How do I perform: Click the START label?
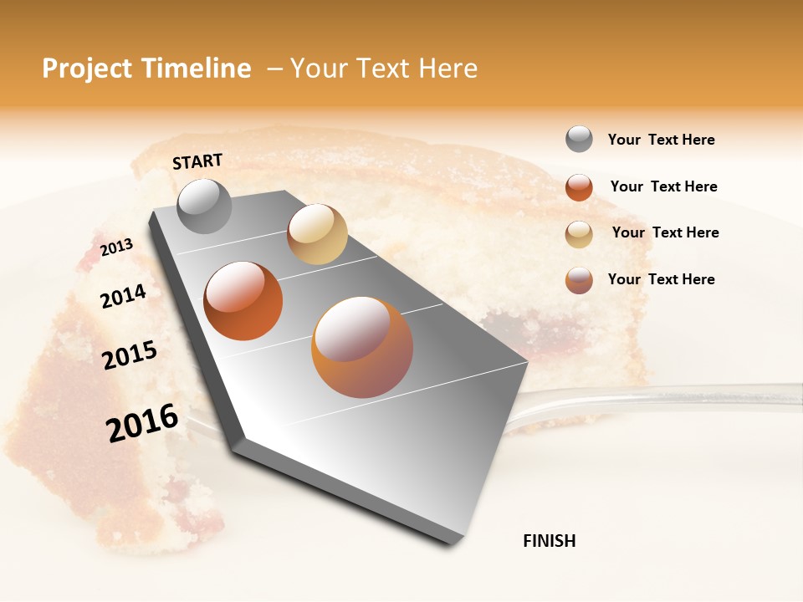pyautogui.click(x=197, y=161)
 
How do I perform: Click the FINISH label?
pyautogui.click(x=549, y=541)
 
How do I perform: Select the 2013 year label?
pyautogui.click(x=116, y=247)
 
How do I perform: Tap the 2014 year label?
pyautogui.click(x=123, y=296)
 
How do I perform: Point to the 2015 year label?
pyautogui.click(x=130, y=355)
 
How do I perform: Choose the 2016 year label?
pyautogui.click(x=142, y=422)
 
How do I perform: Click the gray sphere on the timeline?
pyautogui.click(x=204, y=206)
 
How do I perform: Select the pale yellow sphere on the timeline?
pyautogui.click(x=317, y=234)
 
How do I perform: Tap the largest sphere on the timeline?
pyautogui.click(x=362, y=347)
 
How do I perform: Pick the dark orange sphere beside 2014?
pyautogui.click(x=243, y=301)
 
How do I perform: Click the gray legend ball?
pyautogui.click(x=579, y=140)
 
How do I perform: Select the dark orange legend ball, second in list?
pyautogui.click(x=579, y=187)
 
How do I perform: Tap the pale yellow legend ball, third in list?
pyautogui.click(x=579, y=234)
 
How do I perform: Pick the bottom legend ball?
pyautogui.click(x=579, y=280)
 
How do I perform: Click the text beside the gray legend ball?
pyautogui.click(x=661, y=140)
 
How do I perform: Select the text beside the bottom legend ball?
pyautogui.click(x=661, y=279)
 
